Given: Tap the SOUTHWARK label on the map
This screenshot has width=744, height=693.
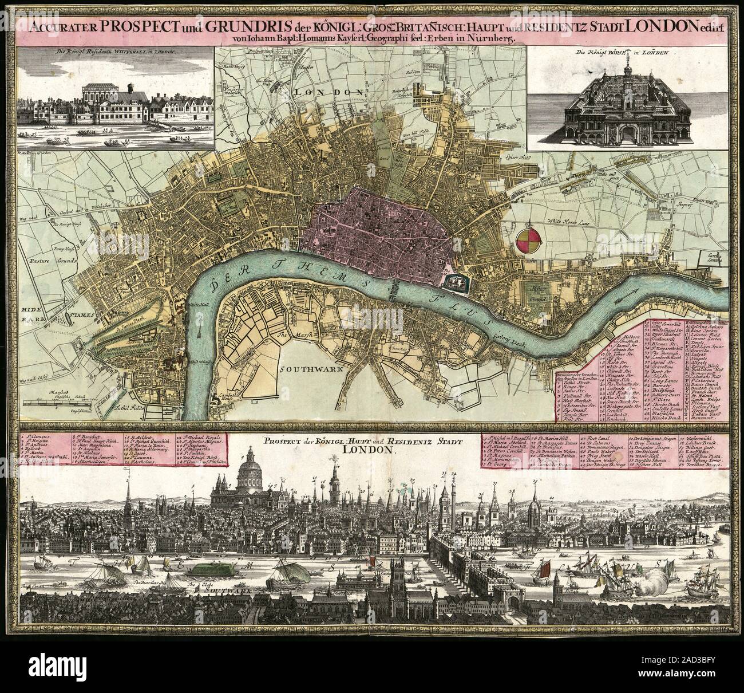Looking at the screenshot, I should click(x=311, y=369).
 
